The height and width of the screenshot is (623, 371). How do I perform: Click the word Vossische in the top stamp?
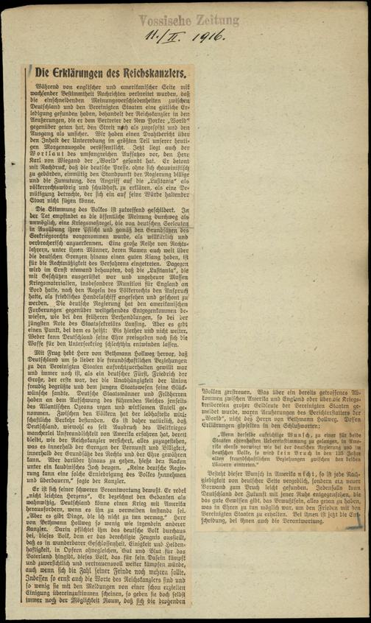pyautogui.click(x=163, y=21)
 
